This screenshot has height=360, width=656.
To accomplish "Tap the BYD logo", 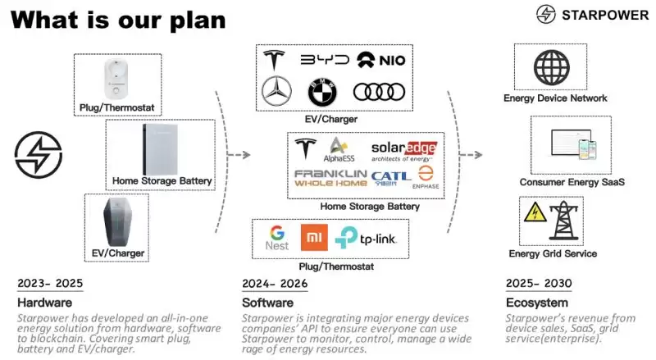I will (x=324, y=60).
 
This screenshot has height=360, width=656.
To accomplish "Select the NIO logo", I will (x=380, y=60).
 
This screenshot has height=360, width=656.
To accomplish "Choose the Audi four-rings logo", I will (x=378, y=92).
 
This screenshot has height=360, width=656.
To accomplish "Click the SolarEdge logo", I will (x=403, y=150).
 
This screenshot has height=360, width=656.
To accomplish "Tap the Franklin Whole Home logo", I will (x=330, y=179).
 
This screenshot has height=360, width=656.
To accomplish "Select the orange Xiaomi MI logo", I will (x=314, y=238).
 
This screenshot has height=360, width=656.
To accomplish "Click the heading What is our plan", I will (x=118, y=20).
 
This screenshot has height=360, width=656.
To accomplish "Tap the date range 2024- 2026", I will (x=275, y=284).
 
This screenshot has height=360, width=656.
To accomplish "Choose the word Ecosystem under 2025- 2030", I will (x=536, y=303).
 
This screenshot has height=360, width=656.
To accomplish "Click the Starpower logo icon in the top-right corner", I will (x=546, y=14).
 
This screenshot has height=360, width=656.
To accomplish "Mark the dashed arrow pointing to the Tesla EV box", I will (x=237, y=154).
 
